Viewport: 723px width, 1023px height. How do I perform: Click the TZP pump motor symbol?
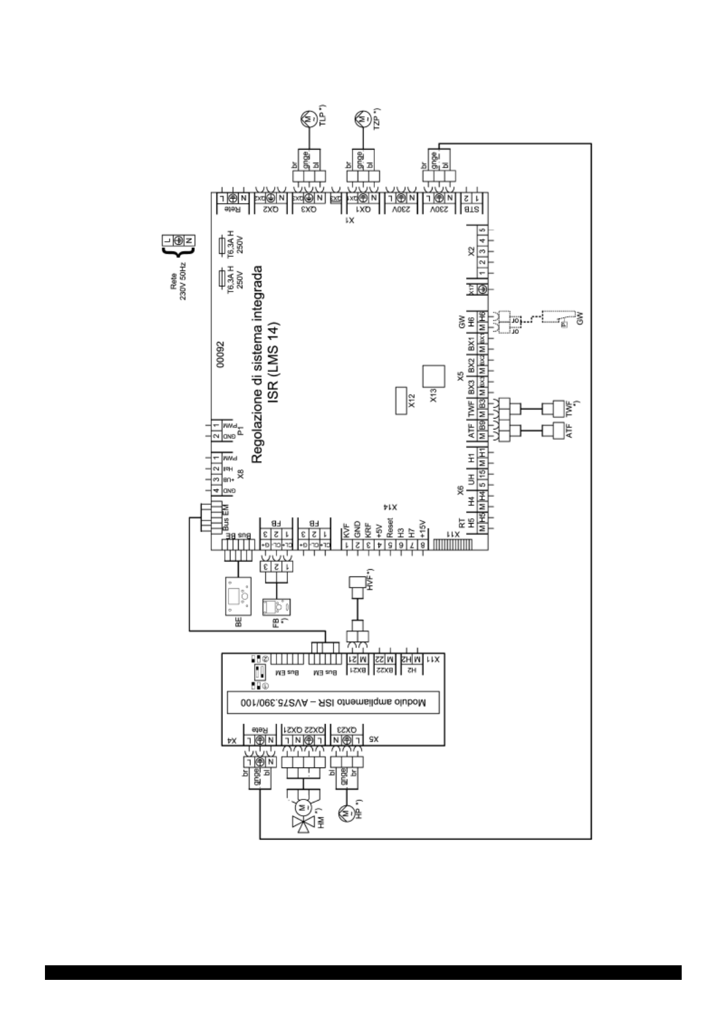pos(362,118)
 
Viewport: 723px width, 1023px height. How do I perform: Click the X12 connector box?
pos(400,401)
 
